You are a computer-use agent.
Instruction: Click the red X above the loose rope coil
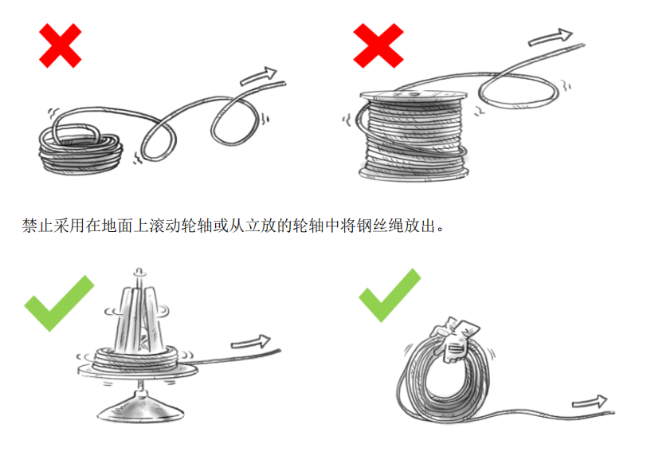[61, 45]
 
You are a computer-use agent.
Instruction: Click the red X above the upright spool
[378, 45]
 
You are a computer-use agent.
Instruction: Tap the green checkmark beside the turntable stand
[57, 304]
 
